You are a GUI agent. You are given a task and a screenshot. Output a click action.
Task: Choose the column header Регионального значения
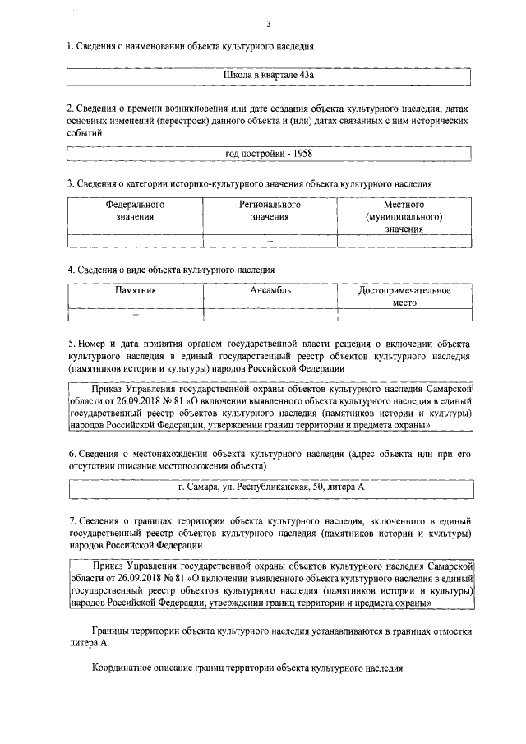tap(270, 210)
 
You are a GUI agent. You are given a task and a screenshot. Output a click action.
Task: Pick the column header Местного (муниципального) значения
tap(404, 217)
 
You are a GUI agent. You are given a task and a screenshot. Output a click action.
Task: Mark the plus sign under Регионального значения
tap(270, 240)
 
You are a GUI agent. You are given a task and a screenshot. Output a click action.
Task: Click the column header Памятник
tap(135, 291)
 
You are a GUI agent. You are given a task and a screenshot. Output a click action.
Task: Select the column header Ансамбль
tap(270, 291)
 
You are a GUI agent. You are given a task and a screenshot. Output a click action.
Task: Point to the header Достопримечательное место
tap(405, 297)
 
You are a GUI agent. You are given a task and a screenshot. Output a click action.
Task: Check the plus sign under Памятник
tap(136, 315)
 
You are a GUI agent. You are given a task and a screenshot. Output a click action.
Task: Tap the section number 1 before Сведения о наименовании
tap(69, 47)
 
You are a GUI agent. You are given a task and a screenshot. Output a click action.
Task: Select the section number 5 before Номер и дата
tap(72, 341)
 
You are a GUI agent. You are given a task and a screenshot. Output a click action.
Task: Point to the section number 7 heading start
tap(72, 520)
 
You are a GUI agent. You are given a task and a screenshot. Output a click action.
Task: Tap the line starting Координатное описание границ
tap(247, 669)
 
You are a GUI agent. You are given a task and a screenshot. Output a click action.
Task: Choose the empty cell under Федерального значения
tap(135, 240)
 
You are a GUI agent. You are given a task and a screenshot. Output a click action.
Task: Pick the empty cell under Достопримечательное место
tap(405, 315)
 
